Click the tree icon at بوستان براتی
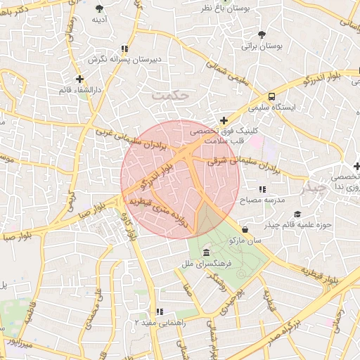262,34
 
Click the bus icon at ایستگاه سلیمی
271,97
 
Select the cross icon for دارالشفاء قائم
79,79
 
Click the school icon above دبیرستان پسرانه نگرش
124,49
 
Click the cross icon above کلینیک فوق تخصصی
224,120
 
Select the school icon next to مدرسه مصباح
262,189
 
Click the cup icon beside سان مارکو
245,229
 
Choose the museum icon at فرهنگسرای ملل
205,252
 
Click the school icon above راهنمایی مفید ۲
160,311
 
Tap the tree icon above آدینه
98,8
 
